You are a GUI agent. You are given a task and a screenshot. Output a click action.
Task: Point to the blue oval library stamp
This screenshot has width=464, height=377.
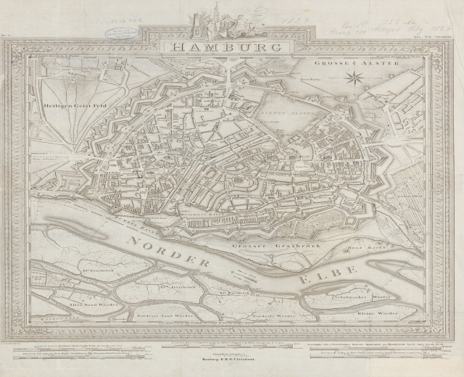116,31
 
